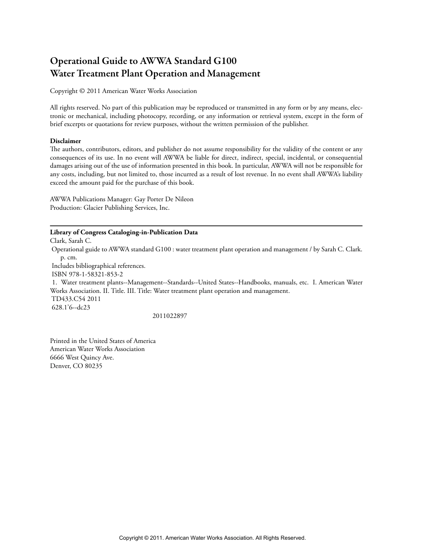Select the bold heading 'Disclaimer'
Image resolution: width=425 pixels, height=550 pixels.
pos(65,141)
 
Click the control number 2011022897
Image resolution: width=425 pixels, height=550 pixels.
pos(170,316)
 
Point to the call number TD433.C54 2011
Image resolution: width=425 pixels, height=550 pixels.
pos(76,299)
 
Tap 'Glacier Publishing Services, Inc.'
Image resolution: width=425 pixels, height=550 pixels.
pos(127,207)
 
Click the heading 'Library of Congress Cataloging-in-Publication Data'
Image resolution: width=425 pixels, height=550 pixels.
pos(124,233)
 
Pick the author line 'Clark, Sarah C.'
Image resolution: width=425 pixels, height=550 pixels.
pos(71,241)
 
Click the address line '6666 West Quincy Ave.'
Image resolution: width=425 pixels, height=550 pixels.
pos(82,357)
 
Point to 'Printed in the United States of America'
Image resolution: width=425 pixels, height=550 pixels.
pos(103,341)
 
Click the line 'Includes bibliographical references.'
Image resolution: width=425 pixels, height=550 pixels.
pos(98,266)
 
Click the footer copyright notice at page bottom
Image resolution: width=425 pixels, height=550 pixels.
pos(212,538)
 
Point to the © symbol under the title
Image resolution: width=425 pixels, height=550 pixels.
pos(82,91)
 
